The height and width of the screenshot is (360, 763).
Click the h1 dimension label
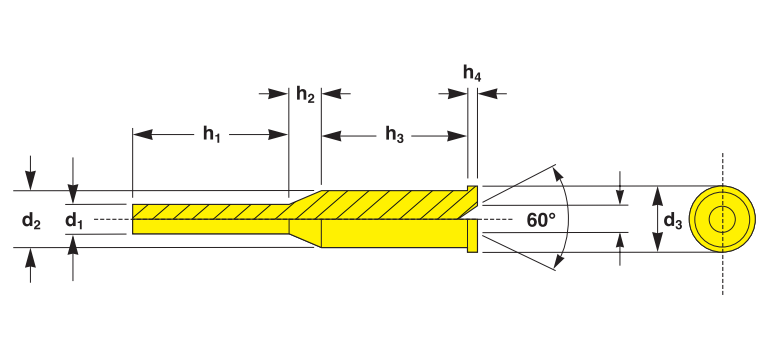point(212,134)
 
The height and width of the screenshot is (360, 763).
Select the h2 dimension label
point(305,94)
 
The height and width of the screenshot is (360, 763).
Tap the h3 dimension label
point(395,134)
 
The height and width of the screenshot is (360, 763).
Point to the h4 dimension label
point(472,73)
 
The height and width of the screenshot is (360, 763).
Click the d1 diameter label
point(74,221)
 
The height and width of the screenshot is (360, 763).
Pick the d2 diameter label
point(31,221)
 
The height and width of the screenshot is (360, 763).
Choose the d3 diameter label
point(673,221)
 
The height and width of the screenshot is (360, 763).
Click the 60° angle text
point(541,220)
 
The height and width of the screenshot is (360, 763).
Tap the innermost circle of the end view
point(723,219)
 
